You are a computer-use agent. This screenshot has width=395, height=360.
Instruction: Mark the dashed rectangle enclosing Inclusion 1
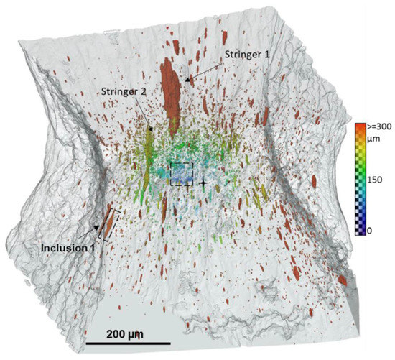[x=107, y=222]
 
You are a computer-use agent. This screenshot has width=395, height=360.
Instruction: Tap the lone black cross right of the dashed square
[x=204, y=184]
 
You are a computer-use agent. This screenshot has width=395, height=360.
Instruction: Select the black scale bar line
[x=128, y=342]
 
